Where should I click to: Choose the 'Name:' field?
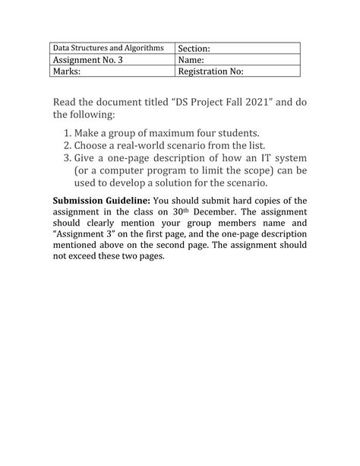click(x=193, y=60)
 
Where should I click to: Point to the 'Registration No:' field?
click(x=210, y=72)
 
